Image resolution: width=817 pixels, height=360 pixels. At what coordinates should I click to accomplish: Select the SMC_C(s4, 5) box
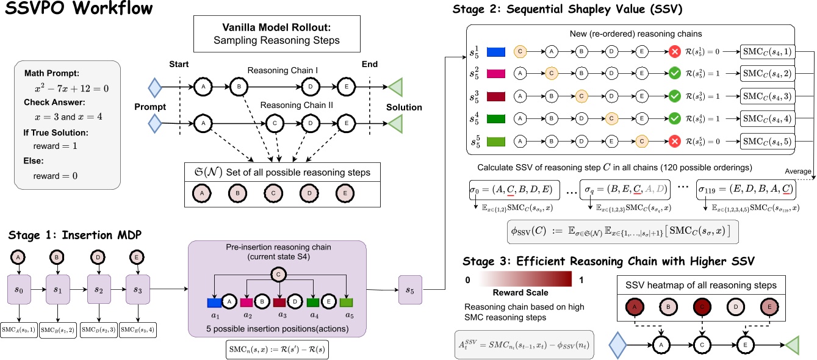tap(768, 140)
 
